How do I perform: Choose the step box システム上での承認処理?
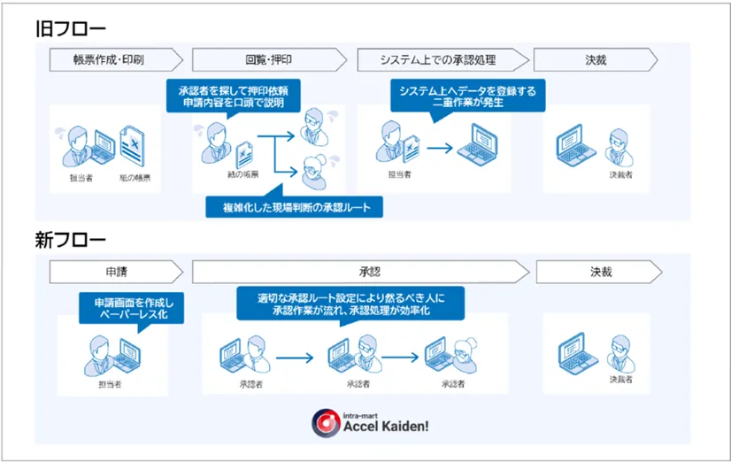(x=438, y=60)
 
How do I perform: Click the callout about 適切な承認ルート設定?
(x=350, y=304)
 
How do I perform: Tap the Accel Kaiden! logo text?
(x=387, y=426)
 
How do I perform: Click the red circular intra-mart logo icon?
(x=325, y=422)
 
